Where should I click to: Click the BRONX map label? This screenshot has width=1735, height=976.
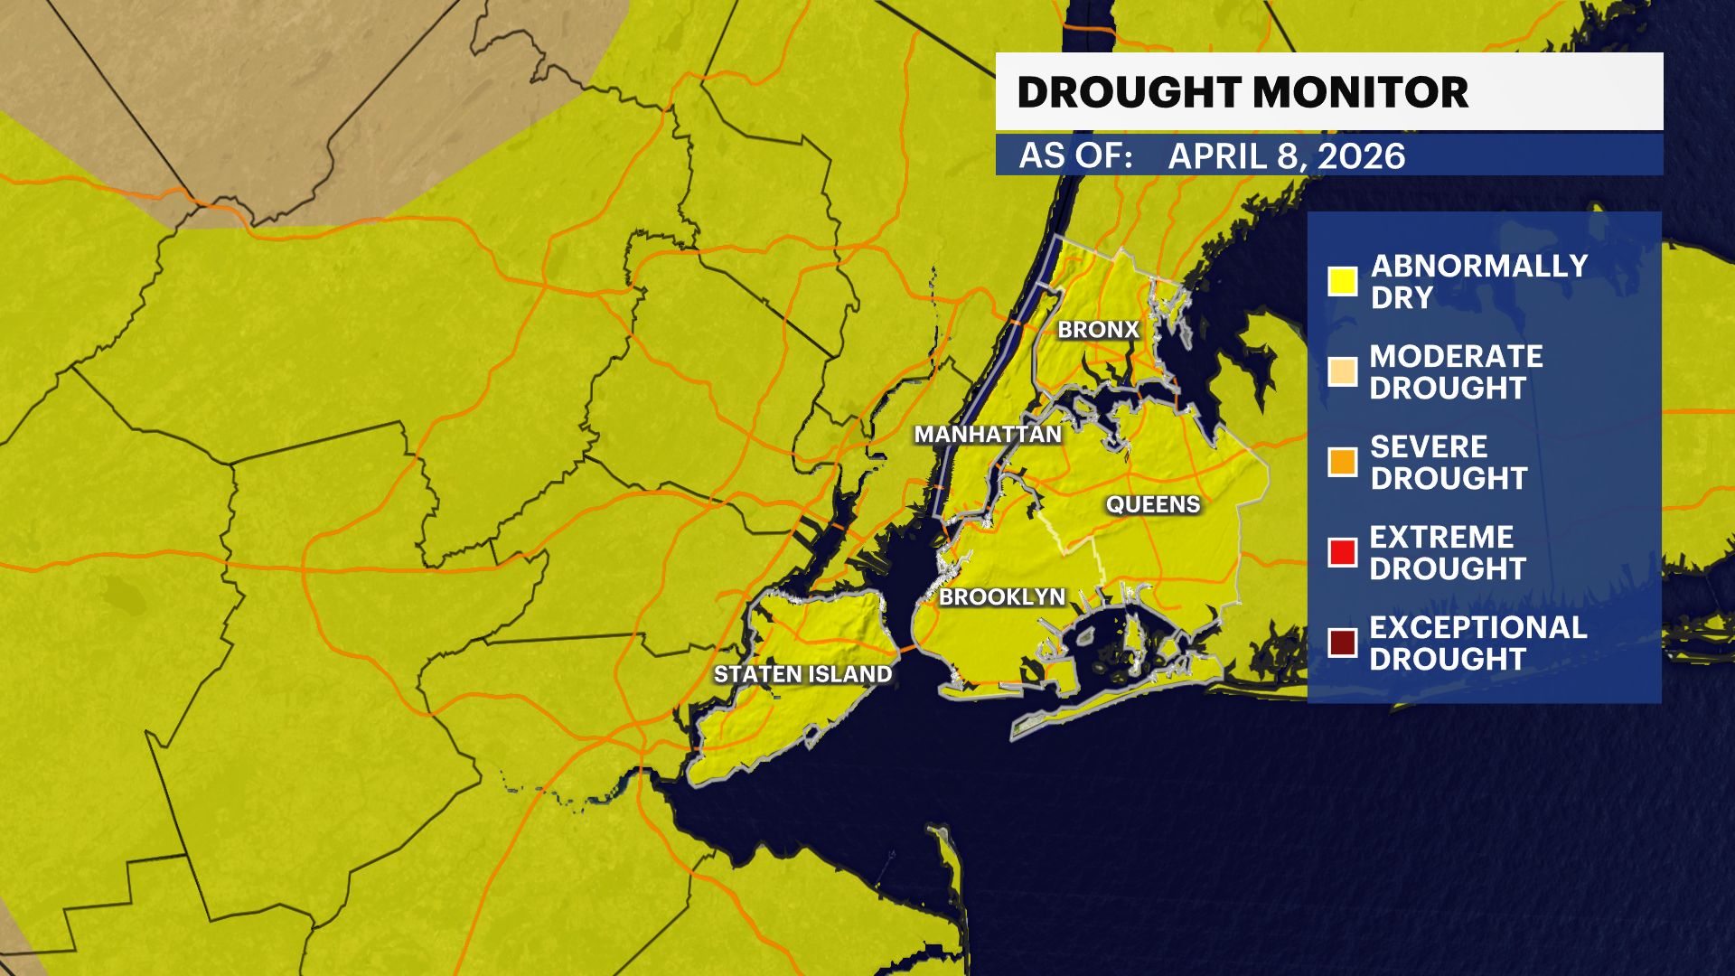point(1098,330)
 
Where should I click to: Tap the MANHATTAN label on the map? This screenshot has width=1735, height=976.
point(988,435)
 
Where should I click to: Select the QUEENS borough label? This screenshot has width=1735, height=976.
point(1153,504)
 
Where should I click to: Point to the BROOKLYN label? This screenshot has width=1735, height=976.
point(1002,596)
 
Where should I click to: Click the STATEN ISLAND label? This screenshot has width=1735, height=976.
point(802,674)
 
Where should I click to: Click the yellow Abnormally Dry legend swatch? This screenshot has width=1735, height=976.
point(1342,281)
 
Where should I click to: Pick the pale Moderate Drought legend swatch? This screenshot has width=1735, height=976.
point(1342,371)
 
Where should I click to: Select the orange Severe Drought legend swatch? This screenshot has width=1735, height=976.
point(1342,462)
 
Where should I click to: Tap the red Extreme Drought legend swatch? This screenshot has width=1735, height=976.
point(1342,552)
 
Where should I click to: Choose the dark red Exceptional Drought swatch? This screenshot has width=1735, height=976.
point(1342,643)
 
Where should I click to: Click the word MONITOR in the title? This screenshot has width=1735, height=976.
point(1361,92)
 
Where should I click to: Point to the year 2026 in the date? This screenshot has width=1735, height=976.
point(1361,156)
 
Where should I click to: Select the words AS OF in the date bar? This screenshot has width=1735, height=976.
point(1075,155)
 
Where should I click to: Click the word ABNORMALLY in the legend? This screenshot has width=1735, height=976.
point(1479,266)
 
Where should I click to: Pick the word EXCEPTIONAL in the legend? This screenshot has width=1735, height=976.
point(1477,627)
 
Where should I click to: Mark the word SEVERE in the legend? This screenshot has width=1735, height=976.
point(1429,446)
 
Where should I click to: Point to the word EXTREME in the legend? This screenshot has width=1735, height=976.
point(1441,537)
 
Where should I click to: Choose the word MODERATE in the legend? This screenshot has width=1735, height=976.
point(1456,356)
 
